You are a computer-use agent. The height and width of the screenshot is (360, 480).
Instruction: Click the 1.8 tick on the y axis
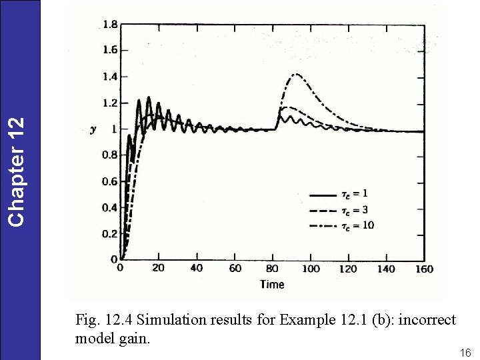tap(110, 25)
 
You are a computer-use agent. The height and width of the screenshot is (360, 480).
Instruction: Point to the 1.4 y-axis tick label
tap(110, 77)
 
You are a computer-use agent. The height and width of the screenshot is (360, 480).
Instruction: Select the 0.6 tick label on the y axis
tap(110, 181)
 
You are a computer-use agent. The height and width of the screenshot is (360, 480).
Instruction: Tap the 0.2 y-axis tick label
tap(110, 234)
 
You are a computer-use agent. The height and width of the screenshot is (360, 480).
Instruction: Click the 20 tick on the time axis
tap(158, 269)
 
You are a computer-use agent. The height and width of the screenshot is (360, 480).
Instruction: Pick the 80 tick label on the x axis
tap(273, 269)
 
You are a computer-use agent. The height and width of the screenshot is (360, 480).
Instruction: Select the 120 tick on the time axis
tap(348, 269)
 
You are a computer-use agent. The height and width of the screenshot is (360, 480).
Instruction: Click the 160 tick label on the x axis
tap(424, 269)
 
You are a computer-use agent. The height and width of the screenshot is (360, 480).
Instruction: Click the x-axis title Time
tap(272, 285)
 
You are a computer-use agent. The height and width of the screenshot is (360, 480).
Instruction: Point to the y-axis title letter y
tap(93, 130)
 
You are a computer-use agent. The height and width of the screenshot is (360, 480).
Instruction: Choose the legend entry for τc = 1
tap(341, 195)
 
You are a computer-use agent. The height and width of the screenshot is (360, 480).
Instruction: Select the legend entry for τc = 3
tap(341, 211)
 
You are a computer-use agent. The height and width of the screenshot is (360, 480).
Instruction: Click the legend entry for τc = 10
tap(343, 226)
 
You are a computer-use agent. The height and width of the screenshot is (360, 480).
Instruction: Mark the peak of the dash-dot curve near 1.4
tap(296, 74)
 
